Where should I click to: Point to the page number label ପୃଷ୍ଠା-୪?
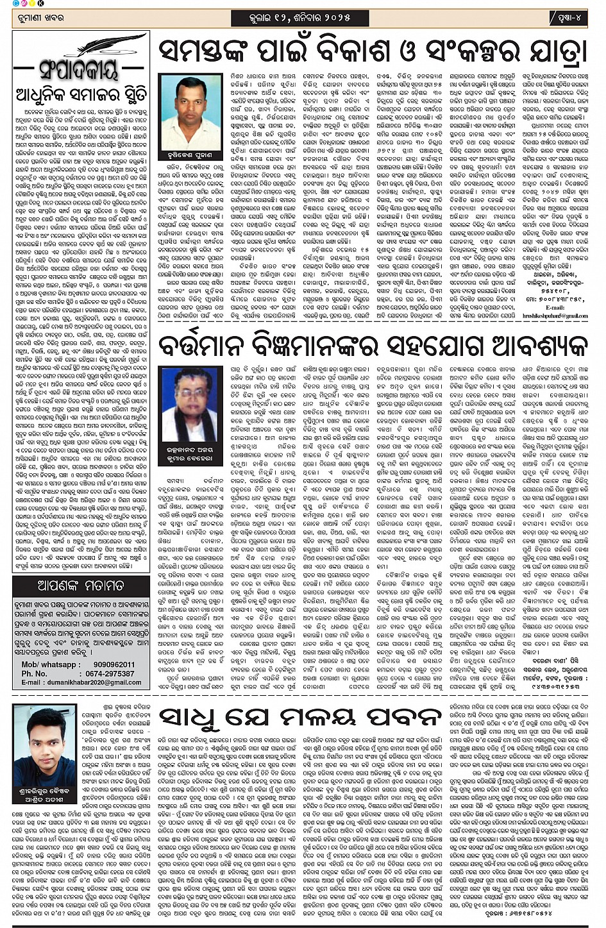point(568,17)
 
